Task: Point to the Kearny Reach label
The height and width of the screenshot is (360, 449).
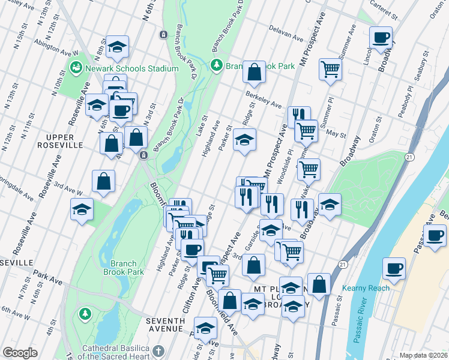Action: click(367, 288)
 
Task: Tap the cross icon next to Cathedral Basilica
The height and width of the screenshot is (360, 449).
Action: click(158, 350)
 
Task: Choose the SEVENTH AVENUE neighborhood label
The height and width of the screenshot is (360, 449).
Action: click(165, 325)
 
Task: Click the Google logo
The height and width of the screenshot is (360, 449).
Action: click(20, 352)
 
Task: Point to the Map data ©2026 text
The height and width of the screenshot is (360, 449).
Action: click(423, 355)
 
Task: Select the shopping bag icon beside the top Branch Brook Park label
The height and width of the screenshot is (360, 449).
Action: click(255, 71)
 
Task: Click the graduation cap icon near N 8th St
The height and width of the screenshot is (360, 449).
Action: click(118, 47)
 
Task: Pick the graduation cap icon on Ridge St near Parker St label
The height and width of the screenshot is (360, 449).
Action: click(244, 139)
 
